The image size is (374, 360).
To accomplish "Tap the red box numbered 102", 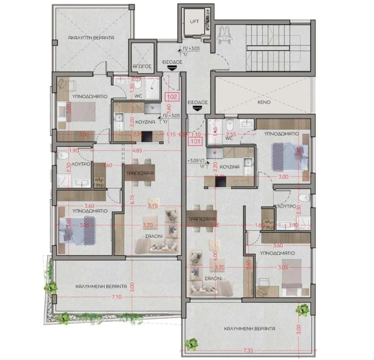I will tap(172, 96).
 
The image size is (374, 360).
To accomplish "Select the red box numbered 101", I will tap(196, 142).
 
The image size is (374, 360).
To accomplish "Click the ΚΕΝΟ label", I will tap(264, 103).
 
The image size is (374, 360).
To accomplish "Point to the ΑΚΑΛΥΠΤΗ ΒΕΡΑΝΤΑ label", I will tap(91, 37).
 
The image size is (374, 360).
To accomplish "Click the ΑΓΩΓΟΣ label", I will tap(141, 65).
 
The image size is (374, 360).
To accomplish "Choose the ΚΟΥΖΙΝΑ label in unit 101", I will tap(232, 166).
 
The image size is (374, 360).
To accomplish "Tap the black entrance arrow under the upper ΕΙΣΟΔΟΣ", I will tap(171, 69).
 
